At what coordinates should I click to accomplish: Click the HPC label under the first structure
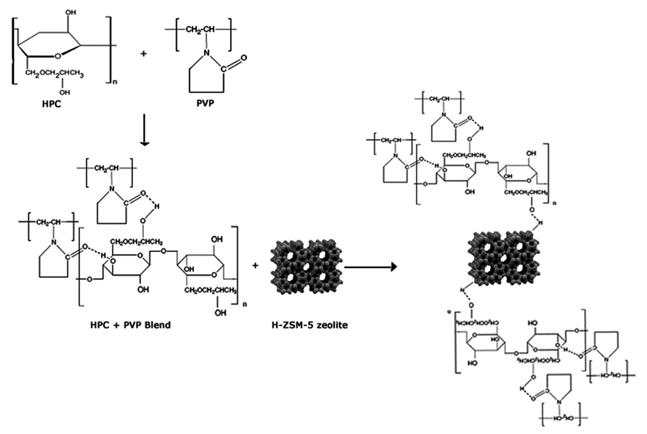click(52, 104)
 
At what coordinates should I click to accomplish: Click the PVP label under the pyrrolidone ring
click(205, 104)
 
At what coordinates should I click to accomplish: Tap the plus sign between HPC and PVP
click(143, 54)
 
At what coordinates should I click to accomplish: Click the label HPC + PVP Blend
click(131, 325)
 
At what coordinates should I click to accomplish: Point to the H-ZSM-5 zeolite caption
click(309, 325)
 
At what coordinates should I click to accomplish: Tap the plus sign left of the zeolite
click(255, 266)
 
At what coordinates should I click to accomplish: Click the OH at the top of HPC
click(71, 12)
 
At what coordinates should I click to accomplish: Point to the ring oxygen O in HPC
click(58, 55)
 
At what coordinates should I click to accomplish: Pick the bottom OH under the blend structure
click(220, 313)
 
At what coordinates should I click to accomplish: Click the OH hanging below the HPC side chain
click(65, 92)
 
